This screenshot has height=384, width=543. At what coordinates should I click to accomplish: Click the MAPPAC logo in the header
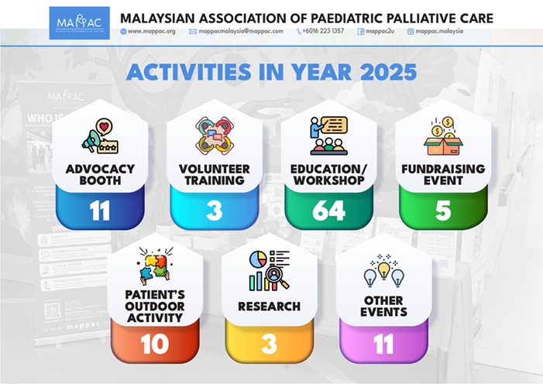point(79,23)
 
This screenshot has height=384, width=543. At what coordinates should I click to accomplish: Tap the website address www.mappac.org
point(151,31)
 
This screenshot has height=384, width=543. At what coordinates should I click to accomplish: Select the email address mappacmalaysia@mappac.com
point(241,31)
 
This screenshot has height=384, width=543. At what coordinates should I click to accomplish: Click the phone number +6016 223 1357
point(323,31)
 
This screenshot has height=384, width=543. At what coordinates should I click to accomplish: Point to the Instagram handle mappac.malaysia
point(439,31)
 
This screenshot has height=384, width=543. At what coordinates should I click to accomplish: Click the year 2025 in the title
point(388,72)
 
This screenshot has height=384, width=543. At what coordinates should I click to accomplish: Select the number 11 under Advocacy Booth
point(100,211)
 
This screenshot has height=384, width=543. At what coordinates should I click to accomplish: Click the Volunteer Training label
point(215,174)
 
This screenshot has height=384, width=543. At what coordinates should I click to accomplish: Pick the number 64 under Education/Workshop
point(328,211)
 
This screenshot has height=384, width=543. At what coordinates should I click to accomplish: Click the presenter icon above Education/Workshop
point(328,135)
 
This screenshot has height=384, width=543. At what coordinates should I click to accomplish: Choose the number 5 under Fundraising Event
point(443,211)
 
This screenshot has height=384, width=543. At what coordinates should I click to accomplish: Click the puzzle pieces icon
point(155,266)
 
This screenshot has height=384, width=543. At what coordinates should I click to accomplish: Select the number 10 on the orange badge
point(154,345)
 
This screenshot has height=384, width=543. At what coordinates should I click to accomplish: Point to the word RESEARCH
point(269,307)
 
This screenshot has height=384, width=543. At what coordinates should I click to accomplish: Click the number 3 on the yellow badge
point(269,345)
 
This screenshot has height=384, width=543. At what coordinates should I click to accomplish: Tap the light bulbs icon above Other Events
point(383,271)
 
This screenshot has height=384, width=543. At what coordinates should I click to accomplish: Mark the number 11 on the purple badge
point(383,345)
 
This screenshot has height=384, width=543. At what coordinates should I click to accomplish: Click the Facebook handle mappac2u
point(380,31)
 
